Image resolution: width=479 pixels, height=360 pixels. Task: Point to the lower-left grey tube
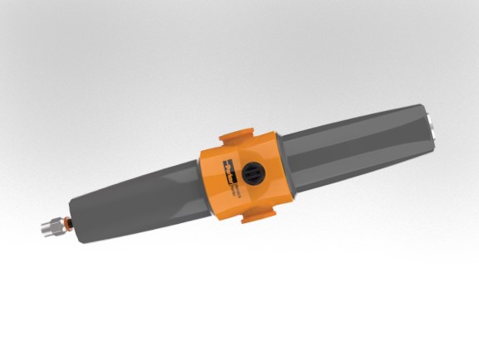(133, 207)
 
